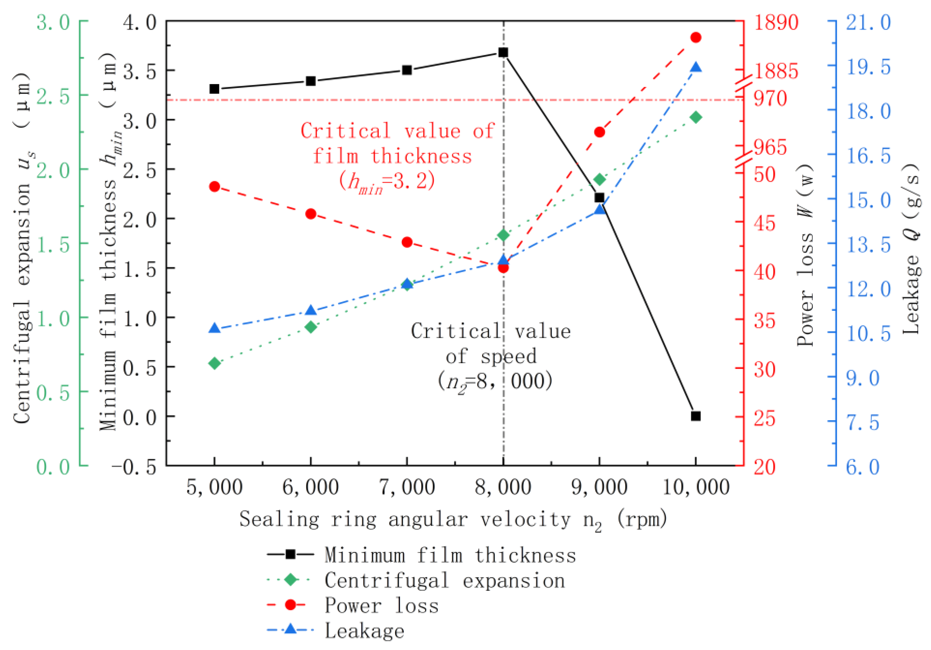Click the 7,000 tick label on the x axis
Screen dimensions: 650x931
coord(407,487)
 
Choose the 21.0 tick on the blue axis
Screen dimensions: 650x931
coord(868,22)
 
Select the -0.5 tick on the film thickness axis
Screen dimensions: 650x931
coord(134,467)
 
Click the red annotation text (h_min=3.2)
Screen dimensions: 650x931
coord(387,182)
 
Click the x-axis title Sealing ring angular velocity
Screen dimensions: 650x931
coord(452,520)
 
